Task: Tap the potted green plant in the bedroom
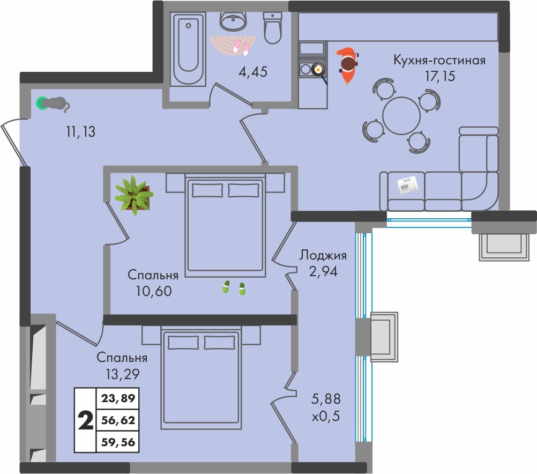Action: point(133,196)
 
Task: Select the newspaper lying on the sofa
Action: point(407,184)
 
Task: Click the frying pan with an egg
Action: point(318,71)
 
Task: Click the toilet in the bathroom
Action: point(273,28)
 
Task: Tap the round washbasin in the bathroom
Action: point(233,21)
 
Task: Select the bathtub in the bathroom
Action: point(188,49)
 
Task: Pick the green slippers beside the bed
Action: point(234,288)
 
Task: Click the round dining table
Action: point(401,116)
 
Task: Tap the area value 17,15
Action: point(440,76)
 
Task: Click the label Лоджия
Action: point(323,255)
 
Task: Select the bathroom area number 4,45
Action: point(253,72)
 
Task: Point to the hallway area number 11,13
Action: point(80,131)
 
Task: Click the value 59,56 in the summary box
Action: point(118,442)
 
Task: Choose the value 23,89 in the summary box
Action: point(118,398)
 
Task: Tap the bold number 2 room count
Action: point(86,420)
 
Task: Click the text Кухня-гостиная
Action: point(439,60)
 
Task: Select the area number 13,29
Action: point(123,374)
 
